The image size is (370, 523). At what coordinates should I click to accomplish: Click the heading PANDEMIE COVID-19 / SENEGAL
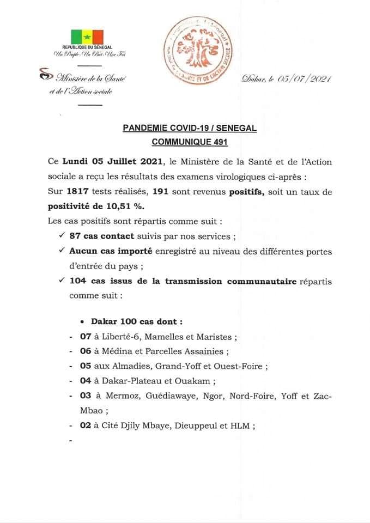[190, 129]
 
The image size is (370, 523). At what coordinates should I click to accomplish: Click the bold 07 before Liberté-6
[85, 337]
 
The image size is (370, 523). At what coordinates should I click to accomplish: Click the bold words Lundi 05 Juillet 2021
[112, 162]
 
